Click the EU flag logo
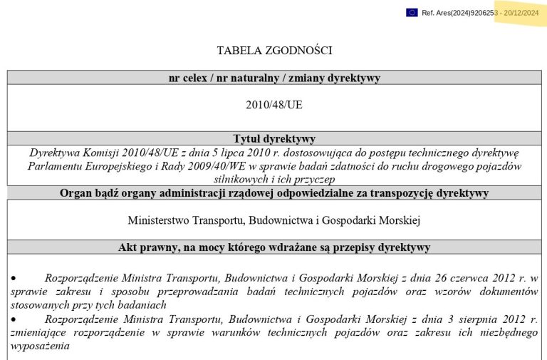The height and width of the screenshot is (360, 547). click(x=412, y=13)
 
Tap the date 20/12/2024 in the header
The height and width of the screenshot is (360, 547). click(x=521, y=13)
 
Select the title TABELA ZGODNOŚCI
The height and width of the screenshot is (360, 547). click(x=274, y=51)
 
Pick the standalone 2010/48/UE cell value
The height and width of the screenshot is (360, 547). click(x=274, y=104)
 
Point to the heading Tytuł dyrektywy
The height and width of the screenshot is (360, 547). click(x=274, y=138)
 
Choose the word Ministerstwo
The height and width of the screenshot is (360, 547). click(x=161, y=220)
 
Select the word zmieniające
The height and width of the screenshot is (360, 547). click(x=36, y=332)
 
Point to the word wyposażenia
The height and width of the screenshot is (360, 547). click(x=39, y=346)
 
